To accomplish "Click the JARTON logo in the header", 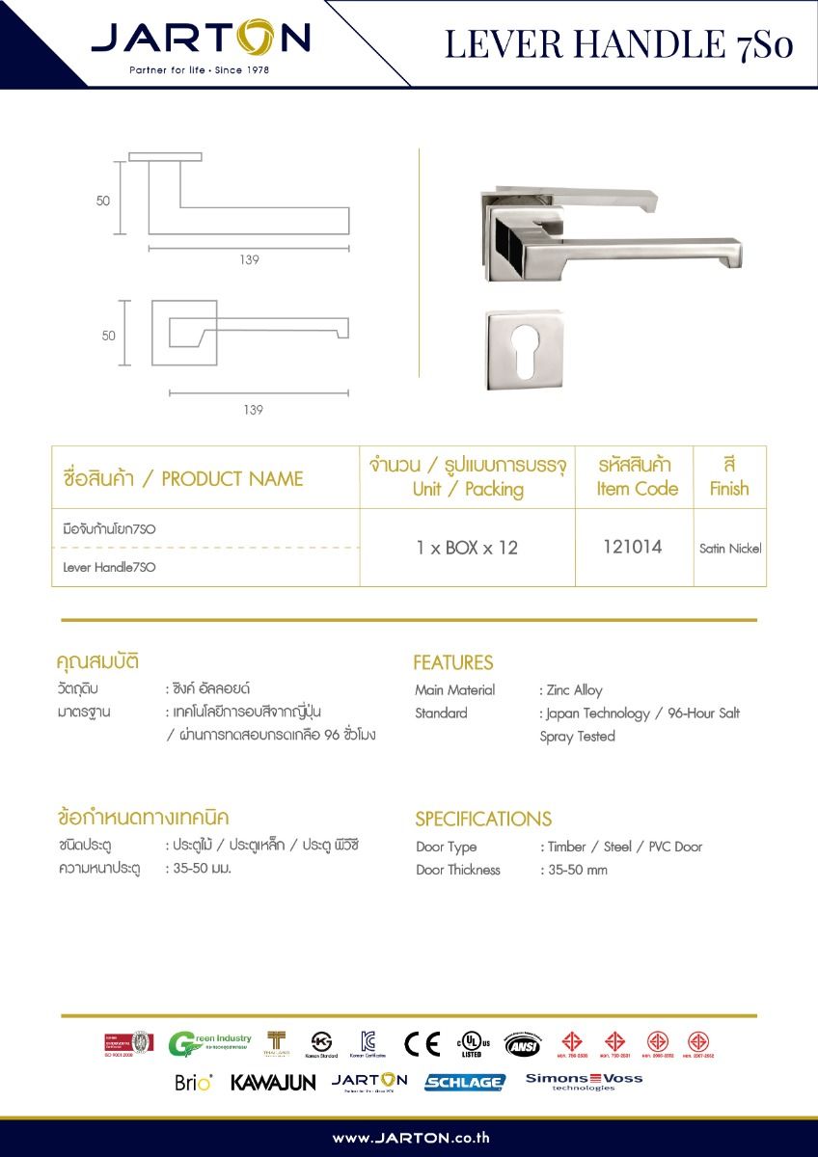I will click(x=201, y=41).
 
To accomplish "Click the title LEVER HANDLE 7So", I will click(x=618, y=44).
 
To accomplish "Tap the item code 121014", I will click(x=632, y=547).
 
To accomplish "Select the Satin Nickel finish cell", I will click(x=730, y=549).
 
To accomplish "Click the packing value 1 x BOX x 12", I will click(x=467, y=548).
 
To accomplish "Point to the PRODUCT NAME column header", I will click(x=182, y=478).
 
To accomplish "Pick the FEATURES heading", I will click(x=452, y=662).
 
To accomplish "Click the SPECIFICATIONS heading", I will click(x=482, y=819).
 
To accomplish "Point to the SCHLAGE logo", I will click(x=464, y=1082).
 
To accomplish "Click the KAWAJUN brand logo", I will click(x=273, y=1083).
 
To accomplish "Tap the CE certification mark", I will click(x=422, y=1044).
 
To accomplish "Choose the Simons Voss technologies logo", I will click(x=584, y=1081).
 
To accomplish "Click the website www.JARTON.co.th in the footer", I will click(x=410, y=1138).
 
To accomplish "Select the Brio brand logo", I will click(x=194, y=1082).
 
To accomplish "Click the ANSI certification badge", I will click(x=523, y=1044).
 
